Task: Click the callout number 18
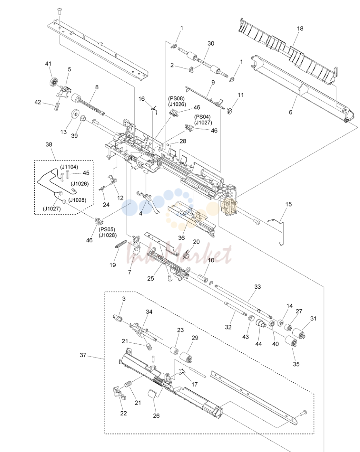click(x=300, y=29)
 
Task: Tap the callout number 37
click(x=83, y=355)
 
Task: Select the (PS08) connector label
click(x=177, y=99)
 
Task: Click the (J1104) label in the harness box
click(x=69, y=167)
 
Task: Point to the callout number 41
click(x=48, y=63)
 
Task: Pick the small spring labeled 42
click(x=56, y=106)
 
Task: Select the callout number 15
click(x=289, y=204)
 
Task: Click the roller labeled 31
click(x=299, y=333)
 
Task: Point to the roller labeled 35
click(x=291, y=342)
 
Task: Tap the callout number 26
click(x=156, y=416)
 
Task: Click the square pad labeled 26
click(x=152, y=393)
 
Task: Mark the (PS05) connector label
click(x=107, y=229)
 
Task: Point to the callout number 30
click(x=211, y=43)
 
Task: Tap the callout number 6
click(x=291, y=112)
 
